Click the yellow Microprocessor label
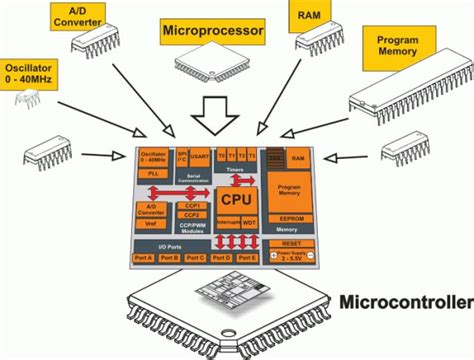coord(212,32)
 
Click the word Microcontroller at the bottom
coord(405,302)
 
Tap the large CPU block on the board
coord(233,201)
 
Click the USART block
coord(200,158)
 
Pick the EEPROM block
coord(292,217)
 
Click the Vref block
coord(153,223)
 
